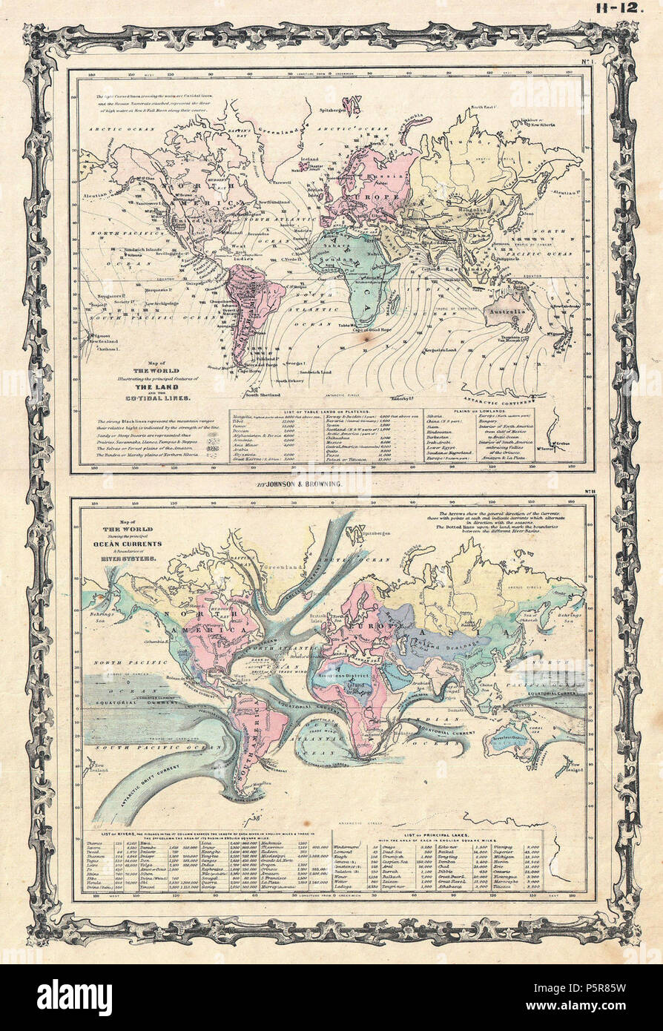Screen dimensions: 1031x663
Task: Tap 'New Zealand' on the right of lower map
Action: (572, 771)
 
